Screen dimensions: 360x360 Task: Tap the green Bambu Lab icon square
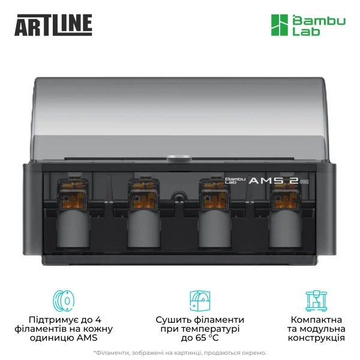pos(278,25)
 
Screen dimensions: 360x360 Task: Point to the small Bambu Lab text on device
pos(232,180)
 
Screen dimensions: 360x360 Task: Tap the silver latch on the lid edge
pos(176,159)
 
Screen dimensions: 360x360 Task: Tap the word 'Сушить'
pos(173,319)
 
